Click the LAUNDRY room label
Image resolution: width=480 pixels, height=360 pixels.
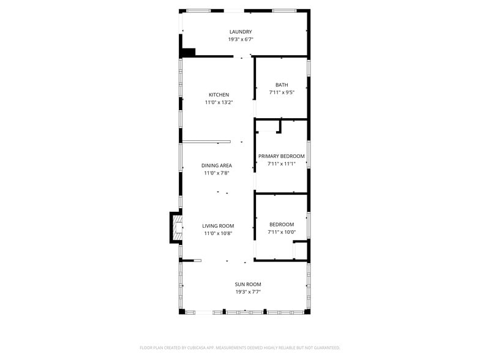(x=241, y=32)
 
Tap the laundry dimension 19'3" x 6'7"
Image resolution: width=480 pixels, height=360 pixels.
(x=241, y=39)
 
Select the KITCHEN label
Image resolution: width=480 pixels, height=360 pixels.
(x=219, y=95)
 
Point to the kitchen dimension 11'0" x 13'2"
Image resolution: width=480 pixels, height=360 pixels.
(x=219, y=102)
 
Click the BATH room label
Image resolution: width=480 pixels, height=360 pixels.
(x=282, y=85)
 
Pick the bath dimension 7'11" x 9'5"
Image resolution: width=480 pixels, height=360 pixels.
(x=282, y=92)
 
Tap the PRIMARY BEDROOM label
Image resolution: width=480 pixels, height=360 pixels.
(x=281, y=156)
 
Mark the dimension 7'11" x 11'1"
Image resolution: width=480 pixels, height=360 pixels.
(x=281, y=163)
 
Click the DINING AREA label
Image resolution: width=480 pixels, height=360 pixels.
(x=217, y=165)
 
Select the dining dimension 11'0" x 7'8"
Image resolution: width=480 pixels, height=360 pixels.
(x=217, y=173)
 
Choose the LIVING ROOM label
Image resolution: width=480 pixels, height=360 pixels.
(x=218, y=226)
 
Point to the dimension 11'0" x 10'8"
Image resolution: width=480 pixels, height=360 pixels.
(x=218, y=233)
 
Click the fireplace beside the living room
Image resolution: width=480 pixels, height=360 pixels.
(x=176, y=228)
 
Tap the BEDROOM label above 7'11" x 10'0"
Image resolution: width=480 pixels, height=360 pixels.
(x=282, y=225)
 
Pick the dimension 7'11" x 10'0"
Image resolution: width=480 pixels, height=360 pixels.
(x=282, y=232)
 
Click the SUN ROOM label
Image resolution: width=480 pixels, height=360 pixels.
(x=248, y=284)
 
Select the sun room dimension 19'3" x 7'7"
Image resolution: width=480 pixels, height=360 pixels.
(x=248, y=291)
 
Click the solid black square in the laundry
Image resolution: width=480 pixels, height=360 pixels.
(x=189, y=53)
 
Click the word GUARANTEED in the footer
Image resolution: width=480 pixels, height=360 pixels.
(x=324, y=348)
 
